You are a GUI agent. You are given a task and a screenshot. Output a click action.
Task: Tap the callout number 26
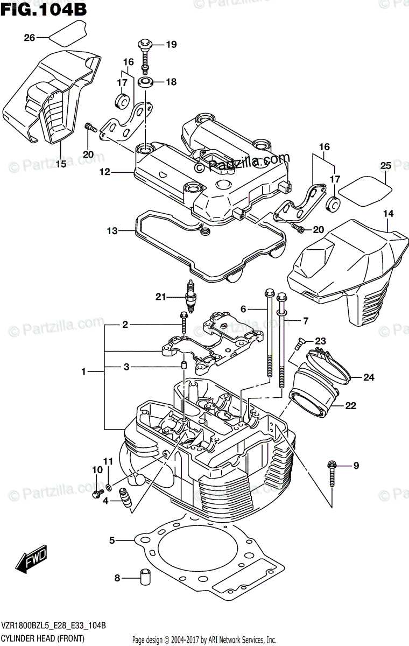tap(29, 37)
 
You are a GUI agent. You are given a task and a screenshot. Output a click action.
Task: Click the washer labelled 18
tap(145, 82)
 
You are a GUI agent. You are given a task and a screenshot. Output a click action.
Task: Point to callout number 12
tap(104, 172)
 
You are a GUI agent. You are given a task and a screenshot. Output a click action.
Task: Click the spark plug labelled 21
tap(189, 298)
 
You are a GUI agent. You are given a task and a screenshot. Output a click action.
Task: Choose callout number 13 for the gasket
tap(112, 231)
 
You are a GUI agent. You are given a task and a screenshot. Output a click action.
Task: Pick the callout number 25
tap(385, 165)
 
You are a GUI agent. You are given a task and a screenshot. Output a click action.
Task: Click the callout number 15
tap(61, 164)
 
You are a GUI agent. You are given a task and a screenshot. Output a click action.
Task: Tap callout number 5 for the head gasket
tap(112, 539)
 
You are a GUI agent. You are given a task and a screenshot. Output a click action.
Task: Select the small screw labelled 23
tap(300, 341)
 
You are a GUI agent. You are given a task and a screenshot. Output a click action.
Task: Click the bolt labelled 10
tap(98, 493)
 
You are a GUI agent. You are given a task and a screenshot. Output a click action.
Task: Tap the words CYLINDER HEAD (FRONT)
tap(43, 639)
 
